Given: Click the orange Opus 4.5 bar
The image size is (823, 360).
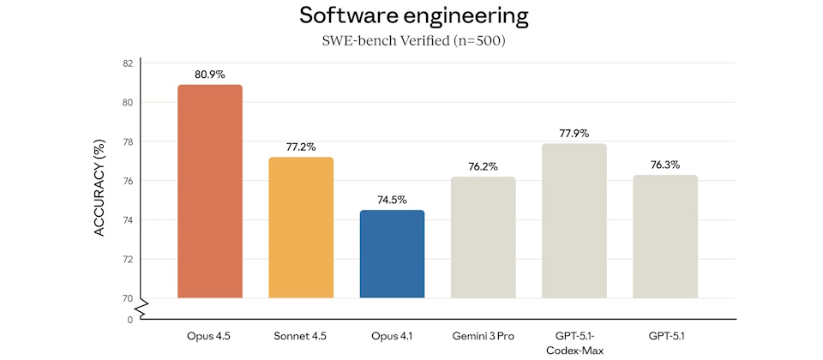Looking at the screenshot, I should [x=209, y=191].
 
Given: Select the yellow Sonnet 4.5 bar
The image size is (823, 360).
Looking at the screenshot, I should [x=301, y=227].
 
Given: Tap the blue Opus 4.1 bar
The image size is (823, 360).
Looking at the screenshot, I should [x=392, y=254].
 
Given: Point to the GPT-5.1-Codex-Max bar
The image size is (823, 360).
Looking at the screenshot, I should [x=574, y=220].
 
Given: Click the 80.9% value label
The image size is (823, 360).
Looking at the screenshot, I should [x=209, y=75].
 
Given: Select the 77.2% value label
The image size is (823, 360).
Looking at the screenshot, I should [x=301, y=147].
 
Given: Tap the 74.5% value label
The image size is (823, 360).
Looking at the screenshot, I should [x=392, y=201].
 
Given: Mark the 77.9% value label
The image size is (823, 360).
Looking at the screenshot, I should [x=574, y=134].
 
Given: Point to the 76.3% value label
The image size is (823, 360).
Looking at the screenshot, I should [x=665, y=165].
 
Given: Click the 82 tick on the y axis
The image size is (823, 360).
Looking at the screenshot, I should [x=127, y=63].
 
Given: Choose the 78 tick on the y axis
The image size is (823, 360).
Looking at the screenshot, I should [x=127, y=141].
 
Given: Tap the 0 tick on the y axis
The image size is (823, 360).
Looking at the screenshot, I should [x=130, y=320].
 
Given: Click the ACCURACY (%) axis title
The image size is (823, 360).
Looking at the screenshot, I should [x=99, y=189].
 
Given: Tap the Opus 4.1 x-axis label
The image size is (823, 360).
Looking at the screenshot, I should [x=392, y=335].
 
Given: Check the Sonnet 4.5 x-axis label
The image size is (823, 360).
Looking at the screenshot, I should [x=301, y=335].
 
